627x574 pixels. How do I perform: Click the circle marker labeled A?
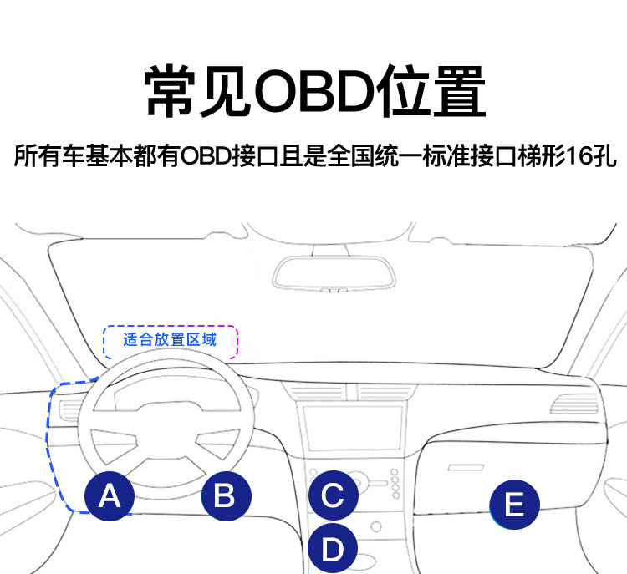[110, 496]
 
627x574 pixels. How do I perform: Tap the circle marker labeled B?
[224, 496]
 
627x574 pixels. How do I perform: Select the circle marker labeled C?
[333, 495]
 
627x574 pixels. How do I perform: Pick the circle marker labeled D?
[333, 548]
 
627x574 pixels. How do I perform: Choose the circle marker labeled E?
[514, 505]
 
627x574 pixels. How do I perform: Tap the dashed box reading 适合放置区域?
[171, 340]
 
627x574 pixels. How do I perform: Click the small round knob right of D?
[376, 526]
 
